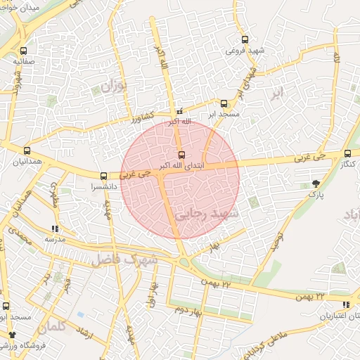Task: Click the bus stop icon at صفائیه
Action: [24, 51]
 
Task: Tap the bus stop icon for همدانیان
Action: [27, 150]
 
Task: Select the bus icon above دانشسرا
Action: [104, 176]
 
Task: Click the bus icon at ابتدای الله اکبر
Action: [182, 154]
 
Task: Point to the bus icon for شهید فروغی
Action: [245, 39]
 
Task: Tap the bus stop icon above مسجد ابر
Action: [224, 103]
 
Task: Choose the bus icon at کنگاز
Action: [347, 153]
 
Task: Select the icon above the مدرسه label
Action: [55, 229]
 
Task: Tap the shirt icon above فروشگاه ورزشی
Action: [12, 335]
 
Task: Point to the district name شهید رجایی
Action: [209, 213]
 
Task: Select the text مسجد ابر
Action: [224, 114]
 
